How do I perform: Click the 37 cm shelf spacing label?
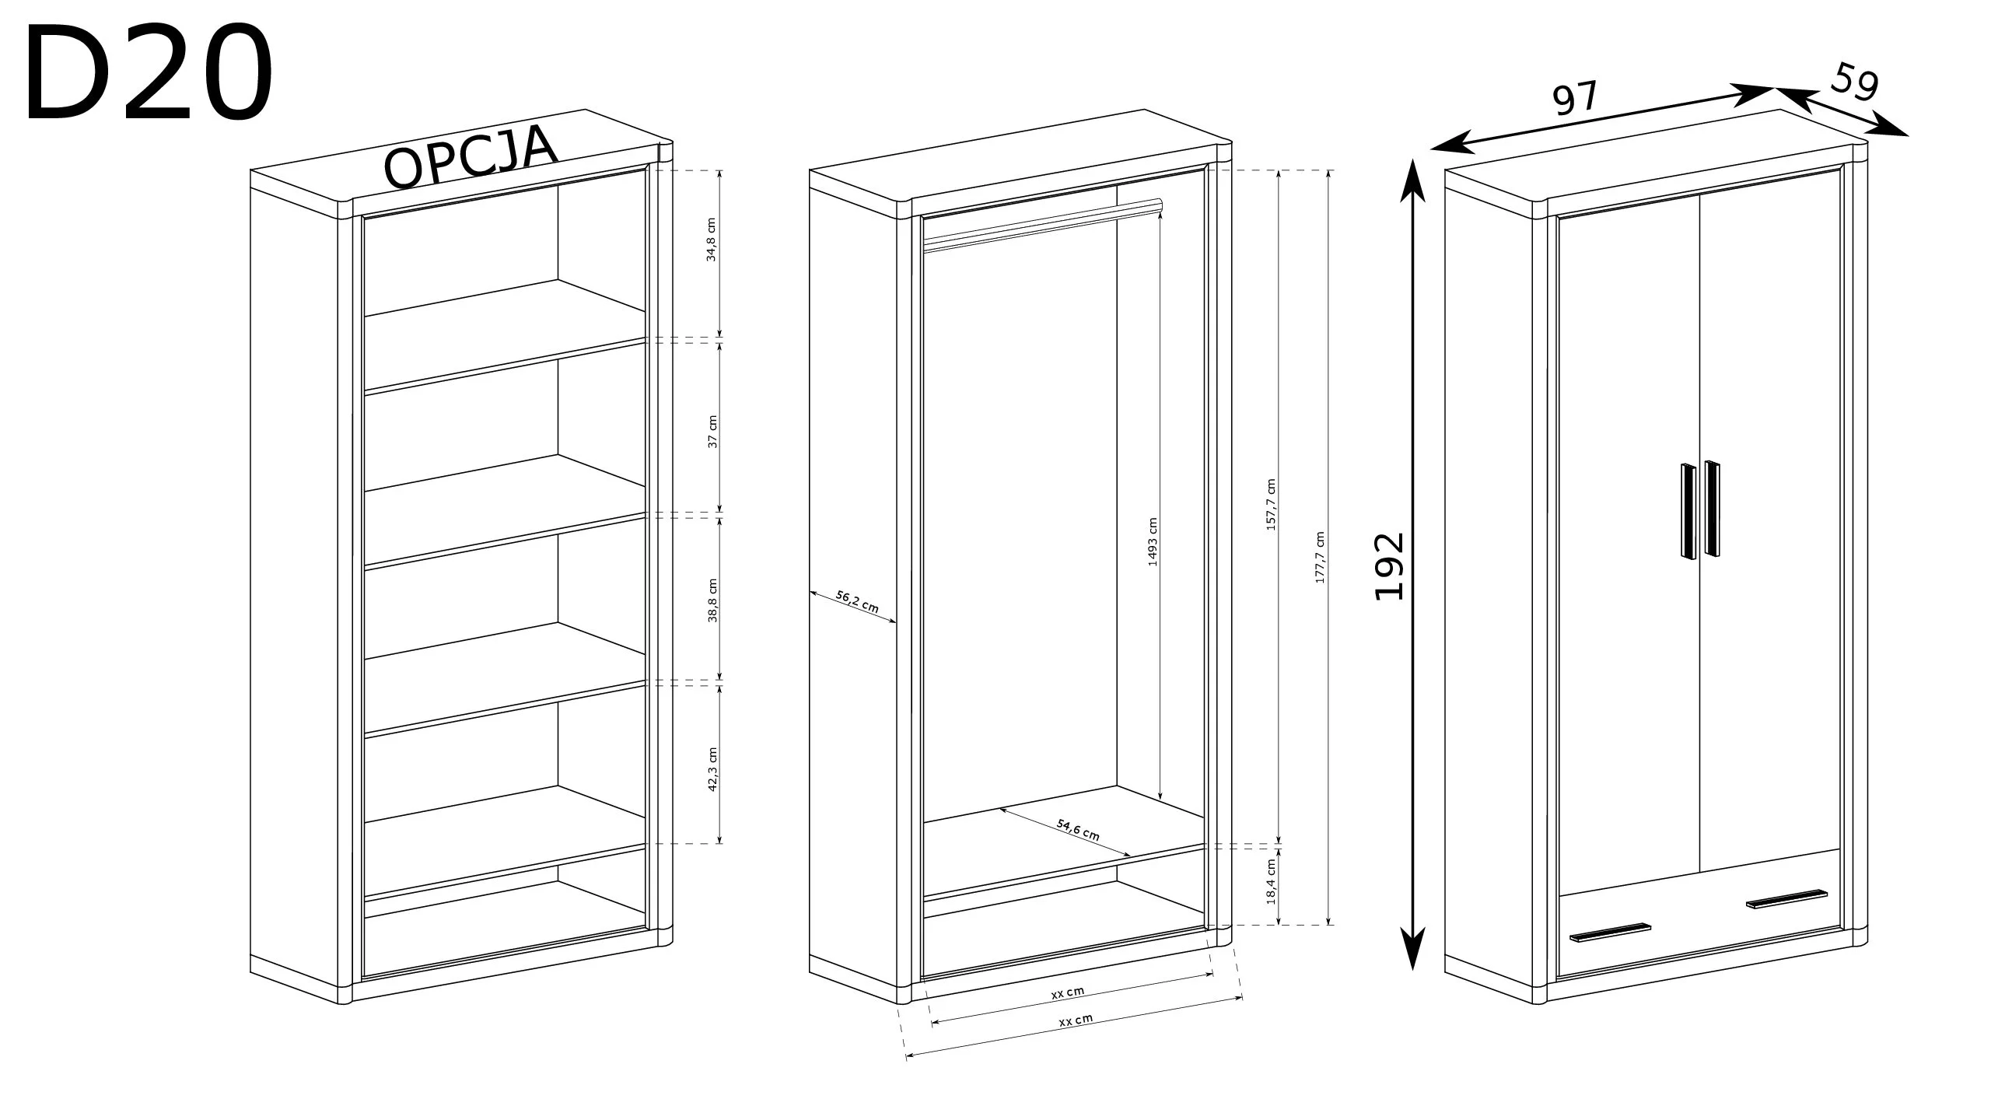tap(712, 432)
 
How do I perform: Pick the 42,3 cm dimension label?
tap(712, 768)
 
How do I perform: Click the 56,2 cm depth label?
tap(857, 601)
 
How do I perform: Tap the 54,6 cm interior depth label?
tap(1078, 829)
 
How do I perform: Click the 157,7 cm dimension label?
tap(1272, 505)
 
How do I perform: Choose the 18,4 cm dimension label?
tap(1272, 880)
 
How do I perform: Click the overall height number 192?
tap(1389, 565)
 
